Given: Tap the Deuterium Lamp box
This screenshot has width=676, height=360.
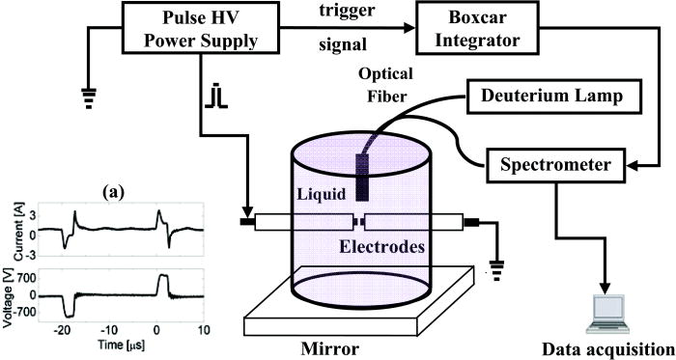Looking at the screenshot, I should pos(543,96).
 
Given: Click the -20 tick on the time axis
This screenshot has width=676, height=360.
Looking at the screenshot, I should pos(66,329).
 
